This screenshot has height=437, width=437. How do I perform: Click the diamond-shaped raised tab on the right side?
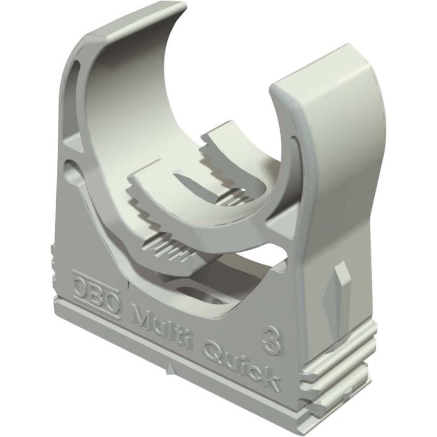click(341, 284)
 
